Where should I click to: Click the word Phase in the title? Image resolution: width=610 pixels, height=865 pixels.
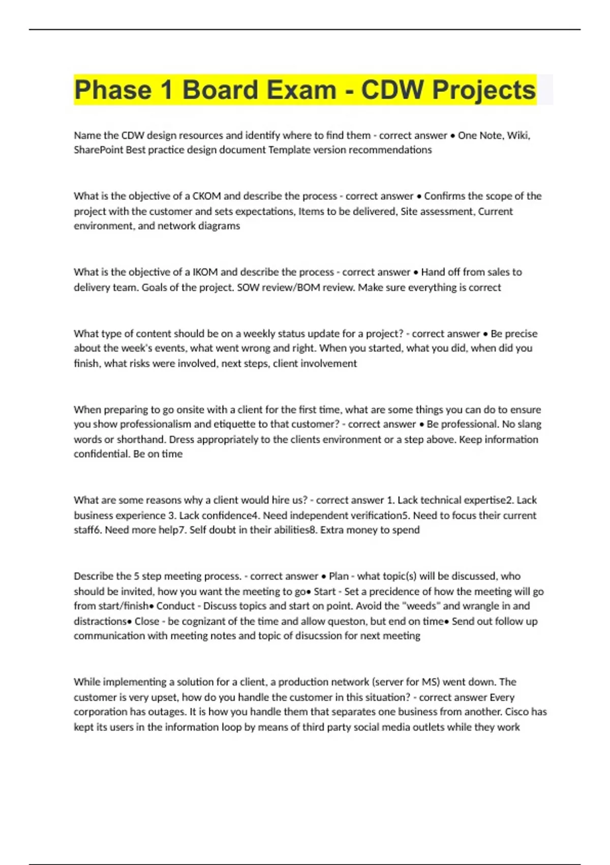tap(112, 90)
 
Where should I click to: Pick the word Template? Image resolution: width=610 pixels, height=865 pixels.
tap(286, 150)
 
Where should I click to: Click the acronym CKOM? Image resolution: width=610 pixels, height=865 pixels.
tap(206, 196)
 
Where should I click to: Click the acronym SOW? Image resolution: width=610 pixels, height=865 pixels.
tap(248, 287)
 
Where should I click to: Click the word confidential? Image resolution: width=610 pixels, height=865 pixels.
tap(101, 454)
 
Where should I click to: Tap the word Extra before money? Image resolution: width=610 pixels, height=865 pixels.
tap(332, 530)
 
